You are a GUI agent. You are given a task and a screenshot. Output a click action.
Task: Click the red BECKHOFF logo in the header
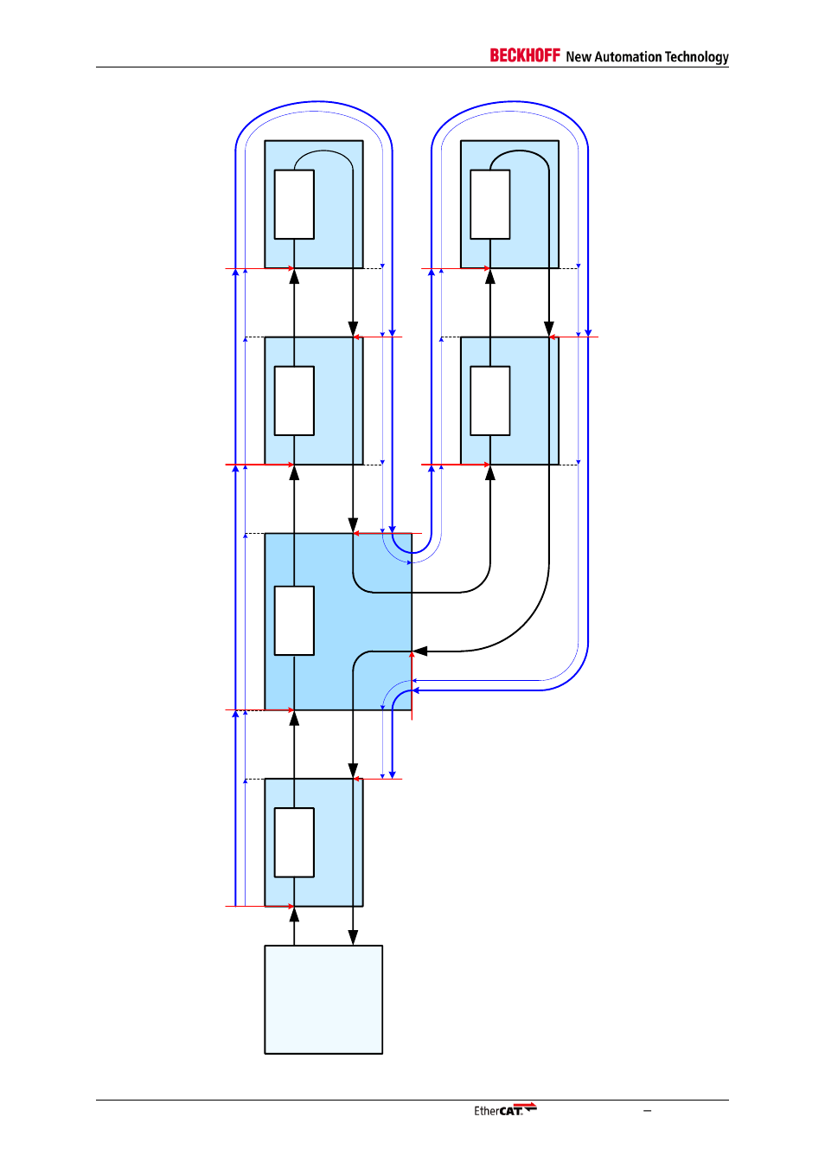[x=524, y=55]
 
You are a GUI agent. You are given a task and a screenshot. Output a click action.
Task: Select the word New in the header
[x=579, y=57]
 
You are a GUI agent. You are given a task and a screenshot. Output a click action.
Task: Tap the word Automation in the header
[x=627, y=57]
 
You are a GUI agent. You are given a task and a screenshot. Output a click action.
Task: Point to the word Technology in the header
[x=696, y=57]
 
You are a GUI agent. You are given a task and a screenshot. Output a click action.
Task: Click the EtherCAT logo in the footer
[x=505, y=1110]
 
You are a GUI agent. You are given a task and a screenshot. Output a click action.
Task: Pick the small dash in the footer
[x=647, y=1111]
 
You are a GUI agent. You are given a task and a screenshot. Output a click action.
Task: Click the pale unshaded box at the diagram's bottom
[x=323, y=999]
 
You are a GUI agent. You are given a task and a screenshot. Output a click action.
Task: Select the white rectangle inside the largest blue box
[x=294, y=620]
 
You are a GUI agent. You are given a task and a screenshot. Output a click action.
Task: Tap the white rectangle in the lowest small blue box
[x=294, y=842]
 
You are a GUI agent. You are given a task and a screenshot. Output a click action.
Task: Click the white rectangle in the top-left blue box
[x=294, y=204]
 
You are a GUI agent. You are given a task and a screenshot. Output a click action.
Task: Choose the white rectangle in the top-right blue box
[x=489, y=204]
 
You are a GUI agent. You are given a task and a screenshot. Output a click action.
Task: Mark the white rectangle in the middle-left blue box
[x=294, y=401]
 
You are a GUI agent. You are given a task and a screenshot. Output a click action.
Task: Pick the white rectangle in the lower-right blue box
[x=489, y=401]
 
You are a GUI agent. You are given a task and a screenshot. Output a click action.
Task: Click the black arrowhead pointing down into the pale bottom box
[x=353, y=937]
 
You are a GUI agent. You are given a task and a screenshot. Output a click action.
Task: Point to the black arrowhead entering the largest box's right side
[x=420, y=651]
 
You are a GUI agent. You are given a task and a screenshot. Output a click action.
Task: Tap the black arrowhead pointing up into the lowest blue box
[x=294, y=914]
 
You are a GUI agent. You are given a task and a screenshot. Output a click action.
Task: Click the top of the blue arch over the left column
[x=314, y=102]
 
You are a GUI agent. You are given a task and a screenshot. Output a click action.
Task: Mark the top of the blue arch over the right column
[x=510, y=102]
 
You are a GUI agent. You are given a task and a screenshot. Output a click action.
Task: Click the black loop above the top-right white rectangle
[x=520, y=151]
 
